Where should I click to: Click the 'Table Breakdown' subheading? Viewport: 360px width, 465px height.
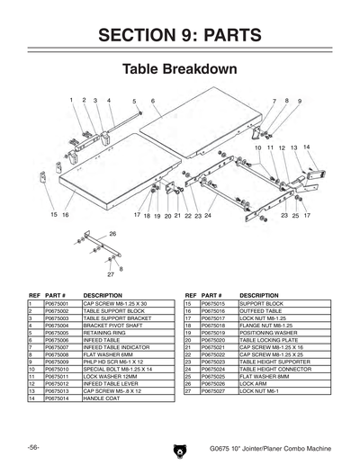(x=179, y=69)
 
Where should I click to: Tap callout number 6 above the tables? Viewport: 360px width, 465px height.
(x=153, y=101)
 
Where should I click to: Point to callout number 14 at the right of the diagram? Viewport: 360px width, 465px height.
(x=307, y=146)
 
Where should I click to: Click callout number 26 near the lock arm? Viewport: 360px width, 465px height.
(x=112, y=234)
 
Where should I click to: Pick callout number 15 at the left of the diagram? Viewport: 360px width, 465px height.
(x=53, y=216)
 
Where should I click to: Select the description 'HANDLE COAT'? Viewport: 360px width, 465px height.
(x=102, y=398)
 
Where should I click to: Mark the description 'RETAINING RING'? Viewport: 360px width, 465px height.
(x=103, y=334)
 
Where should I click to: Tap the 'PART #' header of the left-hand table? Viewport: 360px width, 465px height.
(x=57, y=295)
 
